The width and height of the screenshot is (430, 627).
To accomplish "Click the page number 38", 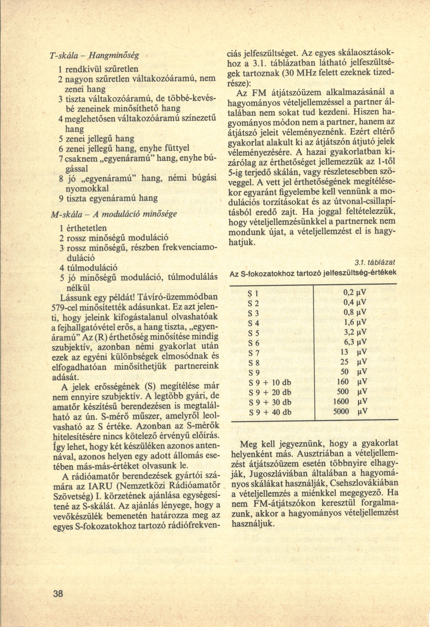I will [58, 600].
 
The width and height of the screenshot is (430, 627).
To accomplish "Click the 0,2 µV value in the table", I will [355, 292].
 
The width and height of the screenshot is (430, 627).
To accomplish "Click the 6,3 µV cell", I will [355, 342].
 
